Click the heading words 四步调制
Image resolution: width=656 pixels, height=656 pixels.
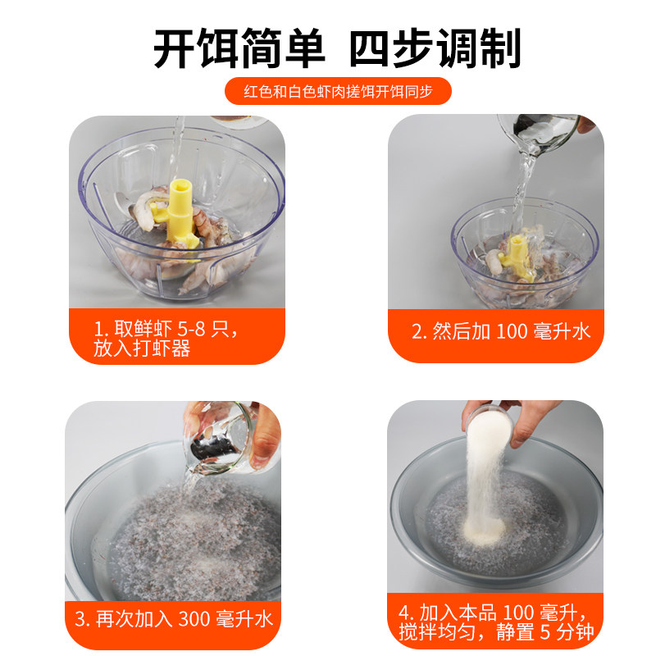pyautogui.click(x=435, y=50)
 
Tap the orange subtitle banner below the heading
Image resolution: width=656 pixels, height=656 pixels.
pyautogui.click(x=338, y=91)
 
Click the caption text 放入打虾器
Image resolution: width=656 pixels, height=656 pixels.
pyautogui.click(x=142, y=349)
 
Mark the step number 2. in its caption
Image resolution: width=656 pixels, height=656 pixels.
pyautogui.click(x=418, y=332)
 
